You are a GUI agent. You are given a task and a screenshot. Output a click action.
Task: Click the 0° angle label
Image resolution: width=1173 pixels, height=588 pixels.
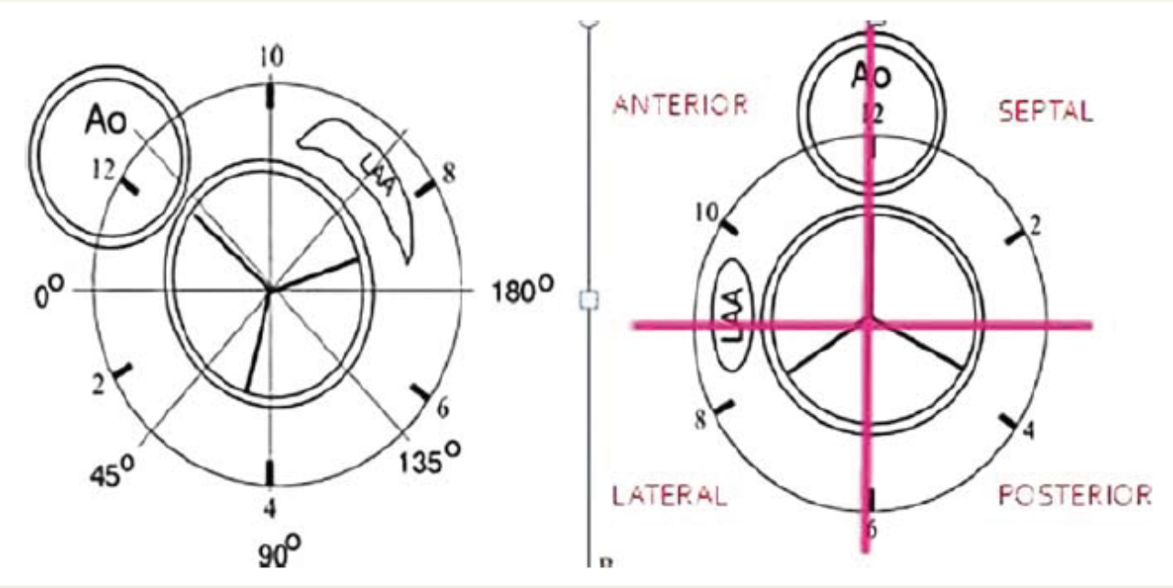click(x=49, y=291)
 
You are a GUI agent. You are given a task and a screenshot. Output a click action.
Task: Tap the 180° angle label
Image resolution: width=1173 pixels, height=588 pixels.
click(x=522, y=290)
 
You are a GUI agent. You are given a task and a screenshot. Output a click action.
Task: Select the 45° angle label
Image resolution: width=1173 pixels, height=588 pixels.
click(x=112, y=470)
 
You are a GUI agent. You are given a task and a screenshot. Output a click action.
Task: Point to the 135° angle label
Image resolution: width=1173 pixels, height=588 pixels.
click(x=430, y=458)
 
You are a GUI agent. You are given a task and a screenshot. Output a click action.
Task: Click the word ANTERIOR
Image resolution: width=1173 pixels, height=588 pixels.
click(x=680, y=105)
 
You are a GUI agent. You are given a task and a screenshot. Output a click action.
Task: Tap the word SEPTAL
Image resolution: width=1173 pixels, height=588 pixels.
click(x=1046, y=112)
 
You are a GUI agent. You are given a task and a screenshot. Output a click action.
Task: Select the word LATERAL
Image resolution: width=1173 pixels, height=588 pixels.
click(x=670, y=495)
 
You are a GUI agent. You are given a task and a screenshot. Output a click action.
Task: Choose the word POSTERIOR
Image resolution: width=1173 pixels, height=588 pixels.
click(x=1075, y=495)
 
